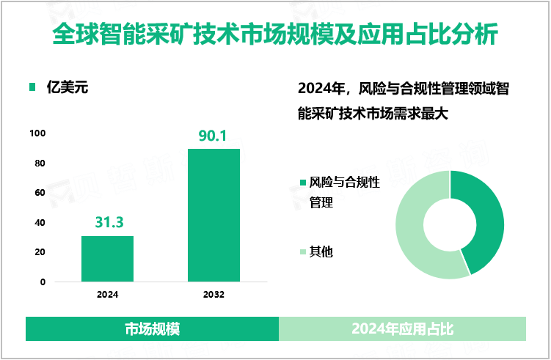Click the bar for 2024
tap(107, 258)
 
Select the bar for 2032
tap(214, 215)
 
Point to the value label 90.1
tap(214, 136)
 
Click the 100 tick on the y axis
tap(38, 133)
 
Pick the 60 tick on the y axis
tap(40, 193)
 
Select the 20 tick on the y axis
tap(40, 252)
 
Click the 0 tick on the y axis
tap(43, 282)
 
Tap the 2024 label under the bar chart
tap(107, 295)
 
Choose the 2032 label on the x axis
tap(214, 295)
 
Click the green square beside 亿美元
tap(32, 88)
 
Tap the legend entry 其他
tap(321, 251)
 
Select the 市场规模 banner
tap(153, 329)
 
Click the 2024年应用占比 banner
tap(403, 329)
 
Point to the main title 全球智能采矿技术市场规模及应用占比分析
tap(275, 34)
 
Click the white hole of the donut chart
tap(450, 224)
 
